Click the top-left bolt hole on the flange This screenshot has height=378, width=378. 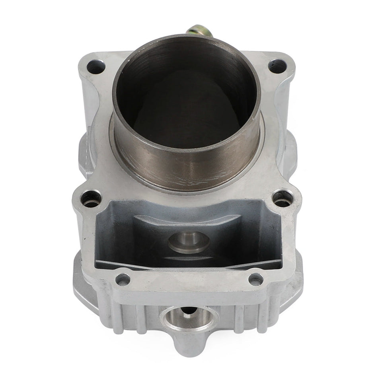coord(96,66)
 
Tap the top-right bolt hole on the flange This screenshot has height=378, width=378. coord(277,66)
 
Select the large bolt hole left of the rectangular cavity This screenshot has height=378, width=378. coord(91,198)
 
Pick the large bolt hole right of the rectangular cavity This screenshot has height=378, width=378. coord(283,198)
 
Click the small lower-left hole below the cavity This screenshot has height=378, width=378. coord(123,279)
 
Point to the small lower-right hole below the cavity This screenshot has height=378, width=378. coord(256,279)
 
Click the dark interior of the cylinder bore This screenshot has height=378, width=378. coord(186,103)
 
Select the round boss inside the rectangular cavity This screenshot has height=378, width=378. coord(189,241)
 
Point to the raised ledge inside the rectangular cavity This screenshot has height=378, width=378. coord(187,221)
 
